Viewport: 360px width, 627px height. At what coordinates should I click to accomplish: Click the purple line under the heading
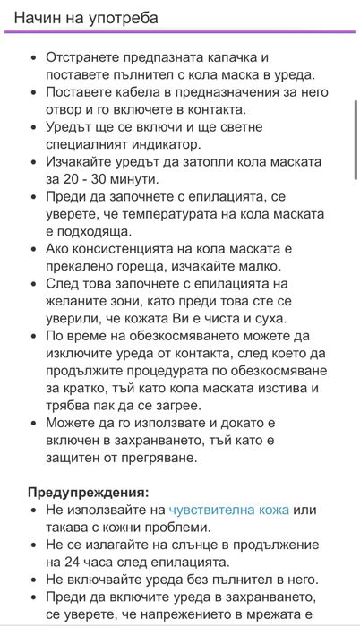coord(179,31)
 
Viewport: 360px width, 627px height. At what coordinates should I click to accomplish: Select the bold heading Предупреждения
coord(89,492)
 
